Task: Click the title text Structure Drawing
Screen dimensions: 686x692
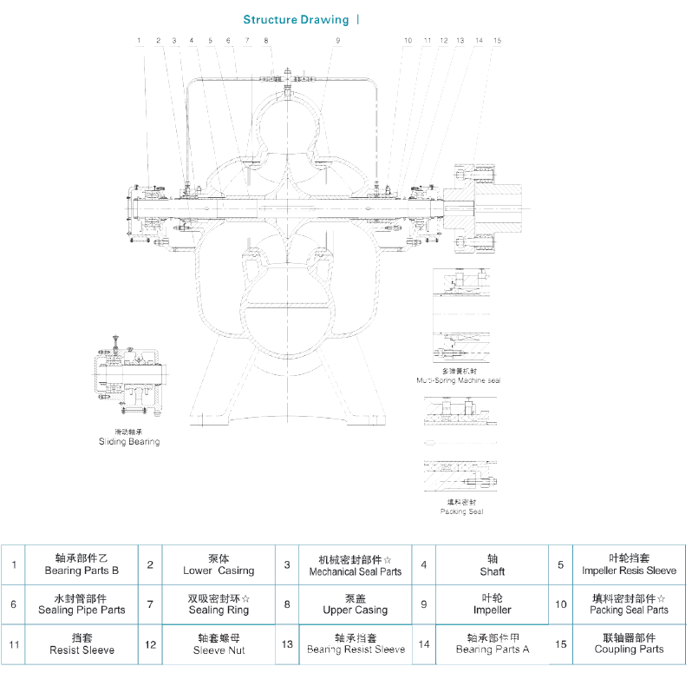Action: click(296, 19)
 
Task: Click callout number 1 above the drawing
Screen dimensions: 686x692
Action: click(139, 41)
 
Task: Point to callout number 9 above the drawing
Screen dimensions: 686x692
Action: click(338, 41)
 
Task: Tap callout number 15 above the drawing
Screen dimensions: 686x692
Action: click(497, 41)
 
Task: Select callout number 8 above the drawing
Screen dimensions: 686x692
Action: click(266, 41)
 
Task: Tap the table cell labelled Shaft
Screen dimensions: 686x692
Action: click(492, 565)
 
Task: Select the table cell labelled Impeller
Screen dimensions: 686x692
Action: click(492, 604)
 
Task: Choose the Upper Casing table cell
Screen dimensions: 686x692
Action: click(356, 604)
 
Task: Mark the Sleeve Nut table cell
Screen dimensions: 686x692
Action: click(219, 643)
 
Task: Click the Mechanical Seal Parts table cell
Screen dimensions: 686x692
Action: click(356, 565)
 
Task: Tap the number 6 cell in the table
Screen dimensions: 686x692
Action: click(14, 604)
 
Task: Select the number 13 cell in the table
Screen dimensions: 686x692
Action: click(287, 643)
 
